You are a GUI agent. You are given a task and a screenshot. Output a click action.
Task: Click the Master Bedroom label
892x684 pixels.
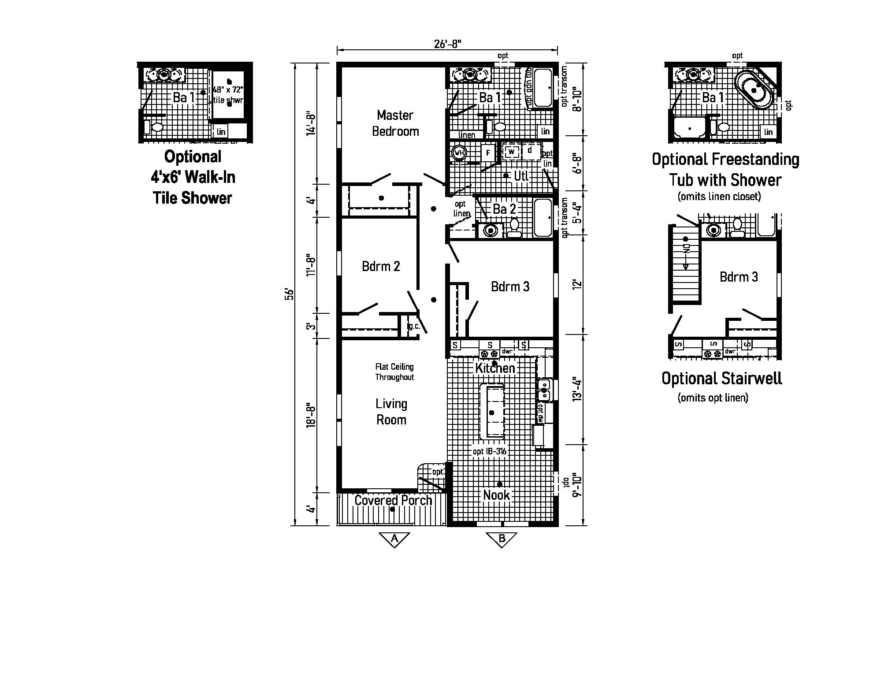[395, 123]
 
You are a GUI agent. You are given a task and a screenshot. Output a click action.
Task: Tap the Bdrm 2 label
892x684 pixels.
[381, 266]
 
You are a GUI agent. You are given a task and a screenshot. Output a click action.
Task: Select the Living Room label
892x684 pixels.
[391, 412]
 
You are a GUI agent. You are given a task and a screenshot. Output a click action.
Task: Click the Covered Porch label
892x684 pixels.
[393, 500]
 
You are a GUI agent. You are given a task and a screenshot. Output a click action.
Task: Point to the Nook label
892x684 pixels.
[496, 495]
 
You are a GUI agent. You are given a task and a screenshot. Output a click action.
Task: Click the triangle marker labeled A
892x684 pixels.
[394, 539]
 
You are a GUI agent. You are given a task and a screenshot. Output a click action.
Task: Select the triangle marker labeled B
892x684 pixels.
[502, 539]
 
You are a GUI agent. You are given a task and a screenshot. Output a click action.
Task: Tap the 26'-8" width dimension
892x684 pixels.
[447, 44]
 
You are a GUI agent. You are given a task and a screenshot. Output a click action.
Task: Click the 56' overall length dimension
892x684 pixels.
[289, 294]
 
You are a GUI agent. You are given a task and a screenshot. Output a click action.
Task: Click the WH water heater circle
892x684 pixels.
[459, 152]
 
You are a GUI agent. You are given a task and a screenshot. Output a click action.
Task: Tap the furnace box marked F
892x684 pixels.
[488, 153]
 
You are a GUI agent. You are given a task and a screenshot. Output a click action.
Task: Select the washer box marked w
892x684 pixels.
[511, 152]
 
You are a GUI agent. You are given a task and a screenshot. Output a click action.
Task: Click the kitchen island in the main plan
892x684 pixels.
[492, 412]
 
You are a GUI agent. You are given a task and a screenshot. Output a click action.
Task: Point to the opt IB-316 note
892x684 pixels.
[490, 451]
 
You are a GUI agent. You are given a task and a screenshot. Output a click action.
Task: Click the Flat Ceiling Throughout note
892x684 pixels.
[394, 372]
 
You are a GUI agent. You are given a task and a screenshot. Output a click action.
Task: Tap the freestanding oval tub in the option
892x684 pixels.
[754, 90]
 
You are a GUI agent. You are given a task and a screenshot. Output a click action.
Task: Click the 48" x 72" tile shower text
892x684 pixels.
[228, 94]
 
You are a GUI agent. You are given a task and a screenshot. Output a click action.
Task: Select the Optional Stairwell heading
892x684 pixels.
[721, 378]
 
